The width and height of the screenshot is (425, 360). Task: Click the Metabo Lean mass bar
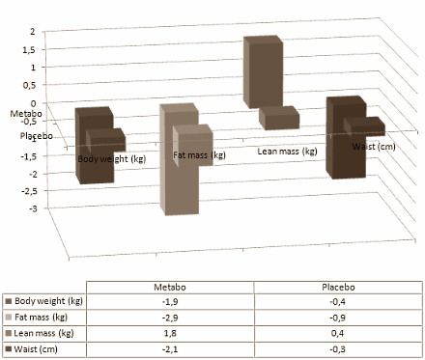pyautogui.click(x=264, y=72)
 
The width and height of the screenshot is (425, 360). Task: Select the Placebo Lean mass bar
pyautogui.click(x=279, y=118)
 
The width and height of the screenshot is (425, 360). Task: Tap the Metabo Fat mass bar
pyautogui.click(x=179, y=159)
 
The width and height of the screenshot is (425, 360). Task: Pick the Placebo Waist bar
pyautogui.click(x=364, y=126)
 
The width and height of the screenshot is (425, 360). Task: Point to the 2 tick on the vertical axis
pyautogui.click(x=32, y=32)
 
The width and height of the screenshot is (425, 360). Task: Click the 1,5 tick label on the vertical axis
pyautogui.click(x=29, y=50)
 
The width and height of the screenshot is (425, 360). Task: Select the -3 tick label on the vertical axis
pyautogui.click(x=33, y=208)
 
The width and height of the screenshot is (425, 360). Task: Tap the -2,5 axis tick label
pyautogui.click(x=29, y=191)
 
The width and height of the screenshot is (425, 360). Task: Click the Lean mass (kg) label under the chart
pyautogui.click(x=287, y=152)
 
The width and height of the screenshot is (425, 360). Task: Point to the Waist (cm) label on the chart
pyautogui.click(x=374, y=147)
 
